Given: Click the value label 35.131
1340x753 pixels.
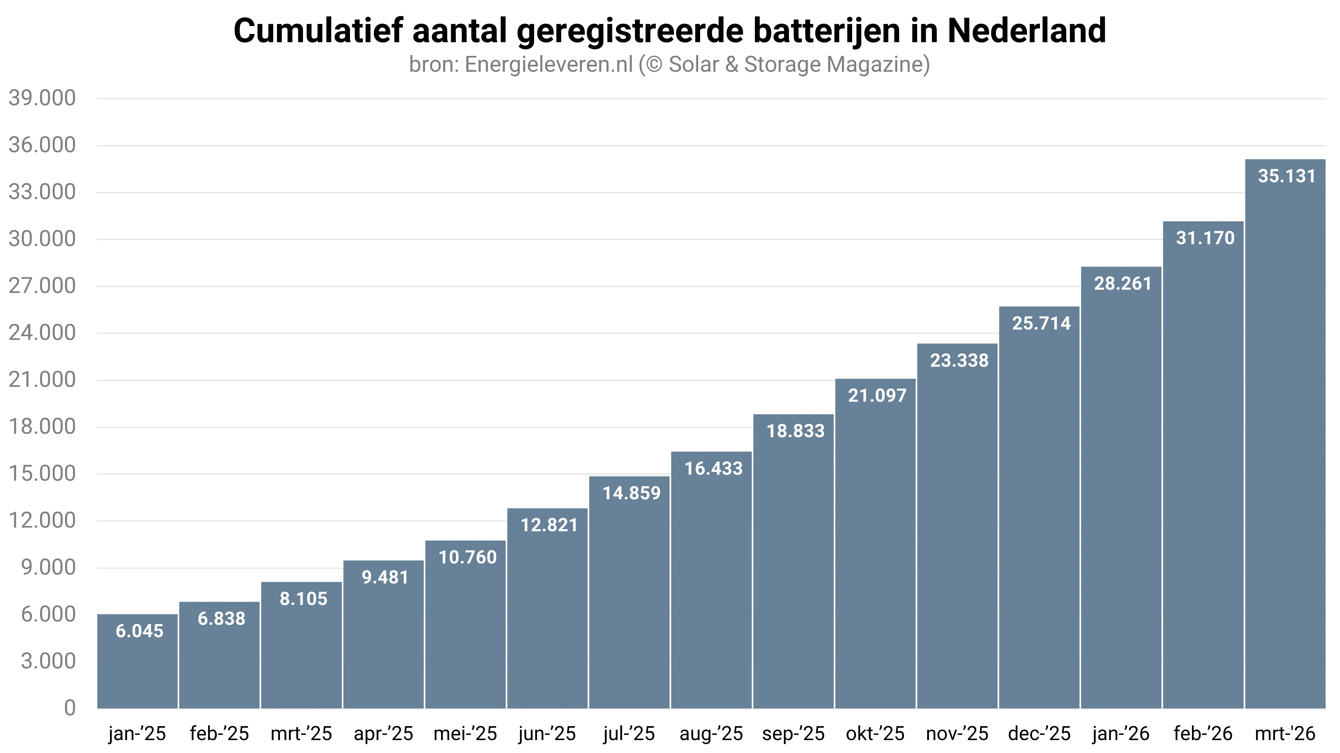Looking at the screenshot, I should pyautogui.click(x=1287, y=176).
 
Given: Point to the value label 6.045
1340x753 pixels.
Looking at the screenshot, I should pyautogui.click(x=139, y=631).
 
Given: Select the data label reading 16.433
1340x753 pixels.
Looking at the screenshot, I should pyautogui.click(x=713, y=469).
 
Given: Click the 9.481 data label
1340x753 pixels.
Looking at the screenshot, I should pyautogui.click(x=385, y=578).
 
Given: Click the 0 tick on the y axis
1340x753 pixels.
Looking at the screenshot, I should pyautogui.click(x=70, y=708).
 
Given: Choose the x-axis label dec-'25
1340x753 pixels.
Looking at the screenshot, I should pyautogui.click(x=1039, y=734).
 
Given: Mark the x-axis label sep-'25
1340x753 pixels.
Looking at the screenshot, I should pyautogui.click(x=793, y=734).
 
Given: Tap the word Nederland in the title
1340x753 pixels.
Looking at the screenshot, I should pyautogui.click(x=1026, y=31).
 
